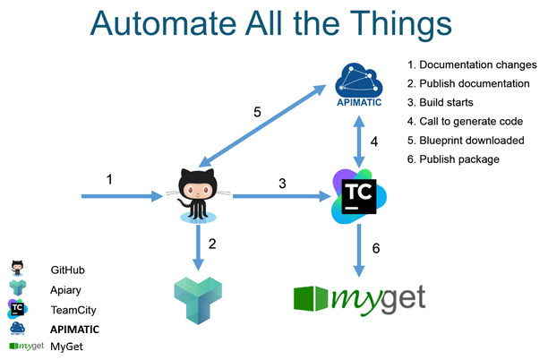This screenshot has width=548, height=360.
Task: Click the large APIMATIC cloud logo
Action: (x=359, y=84)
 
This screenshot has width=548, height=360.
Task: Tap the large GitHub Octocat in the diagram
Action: (x=198, y=195)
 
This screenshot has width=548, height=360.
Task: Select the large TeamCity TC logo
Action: (x=359, y=196)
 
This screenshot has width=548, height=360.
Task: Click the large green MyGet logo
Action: (x=360, y=300)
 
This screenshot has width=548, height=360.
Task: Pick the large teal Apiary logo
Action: (x=198, y=301)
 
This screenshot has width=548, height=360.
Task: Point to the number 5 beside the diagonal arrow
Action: (x=257, y=112)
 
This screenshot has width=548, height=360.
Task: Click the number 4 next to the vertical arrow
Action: (x=374, y=141)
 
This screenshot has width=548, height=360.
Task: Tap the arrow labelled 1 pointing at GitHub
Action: (x=123, y=196)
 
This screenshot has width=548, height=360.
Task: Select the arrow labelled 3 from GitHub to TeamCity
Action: (x=282, y=196)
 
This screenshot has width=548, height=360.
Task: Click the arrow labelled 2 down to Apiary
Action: (x=198, y=247)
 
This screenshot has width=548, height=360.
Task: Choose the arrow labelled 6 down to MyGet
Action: (x=359, y=251)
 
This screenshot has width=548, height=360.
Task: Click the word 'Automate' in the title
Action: (x=164, y=24)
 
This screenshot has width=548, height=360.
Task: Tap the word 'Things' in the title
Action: (x=401, y=24)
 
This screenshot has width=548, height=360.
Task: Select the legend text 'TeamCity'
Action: (x=73, y=310)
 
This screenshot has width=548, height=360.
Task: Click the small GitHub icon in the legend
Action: (x=17, y=269)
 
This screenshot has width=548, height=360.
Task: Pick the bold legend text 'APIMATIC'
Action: (x=75, y=330)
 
